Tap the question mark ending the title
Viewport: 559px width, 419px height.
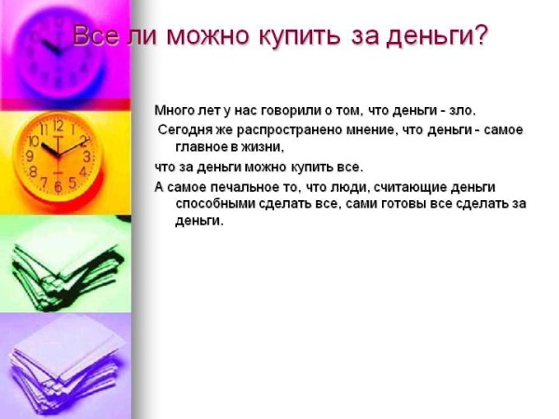coord(480,34)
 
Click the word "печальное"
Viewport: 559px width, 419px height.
coord(242,187)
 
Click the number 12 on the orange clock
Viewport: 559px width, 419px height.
coord(58,126)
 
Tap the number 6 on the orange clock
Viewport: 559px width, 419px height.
coord(58,186)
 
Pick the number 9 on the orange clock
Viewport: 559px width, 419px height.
coord(31,155)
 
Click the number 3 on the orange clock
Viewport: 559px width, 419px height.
coord(87,156)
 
